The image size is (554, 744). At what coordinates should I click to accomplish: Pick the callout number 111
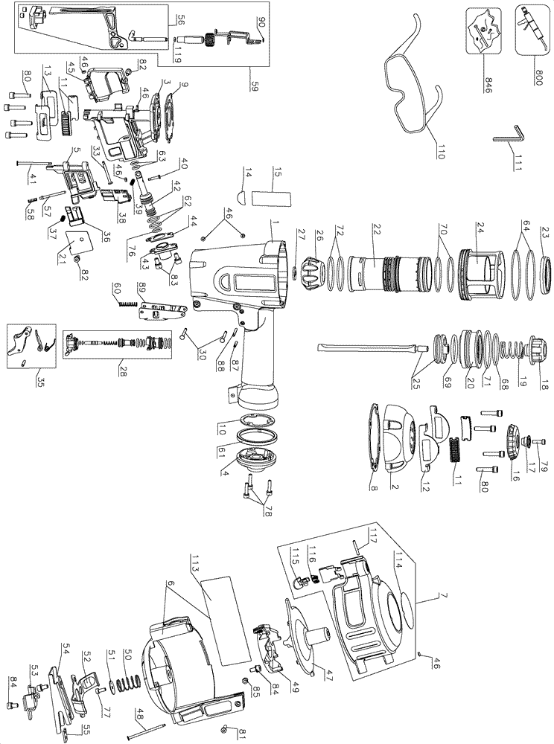coord(512,165)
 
